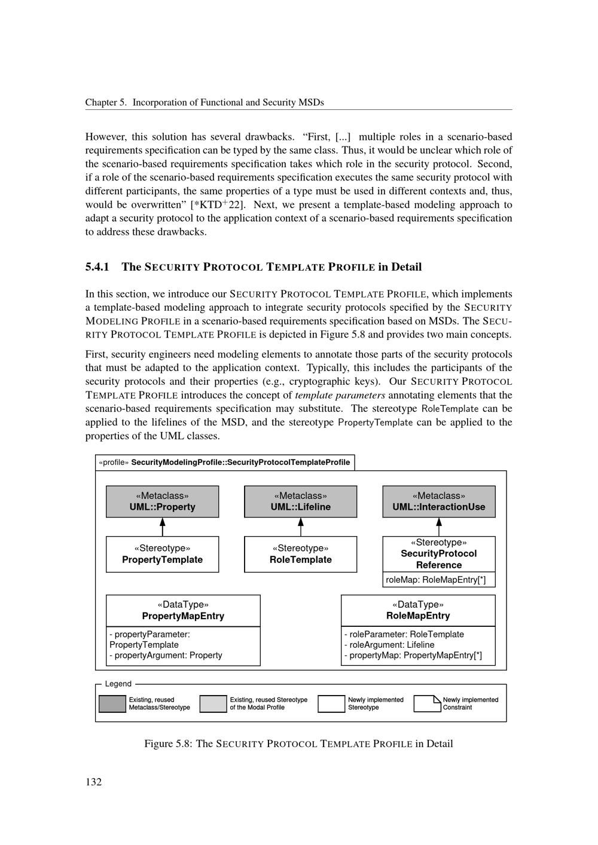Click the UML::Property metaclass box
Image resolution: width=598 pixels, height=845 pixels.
point(162,501)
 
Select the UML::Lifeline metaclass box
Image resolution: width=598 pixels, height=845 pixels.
point(300,501)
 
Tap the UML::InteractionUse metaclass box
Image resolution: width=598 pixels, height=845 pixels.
point(439,501)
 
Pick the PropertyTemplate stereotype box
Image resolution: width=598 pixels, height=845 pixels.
point(162,554)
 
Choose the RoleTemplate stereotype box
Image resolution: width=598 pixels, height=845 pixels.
point(300,554)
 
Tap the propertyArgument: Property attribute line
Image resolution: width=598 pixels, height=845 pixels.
point(166,655)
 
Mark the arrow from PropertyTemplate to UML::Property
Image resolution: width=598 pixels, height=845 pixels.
point(162,526)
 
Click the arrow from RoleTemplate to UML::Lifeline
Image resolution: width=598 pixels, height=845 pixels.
point(300,526)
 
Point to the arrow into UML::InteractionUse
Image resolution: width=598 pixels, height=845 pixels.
point(439,526)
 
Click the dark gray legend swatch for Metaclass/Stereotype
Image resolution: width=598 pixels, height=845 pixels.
point(112,703)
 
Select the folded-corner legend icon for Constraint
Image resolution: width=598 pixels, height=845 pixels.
point(427,703)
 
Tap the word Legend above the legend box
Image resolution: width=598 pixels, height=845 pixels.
point(118,684)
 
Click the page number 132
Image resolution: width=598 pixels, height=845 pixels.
point(93,782)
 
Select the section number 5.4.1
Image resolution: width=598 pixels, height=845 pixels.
point(97,267)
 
